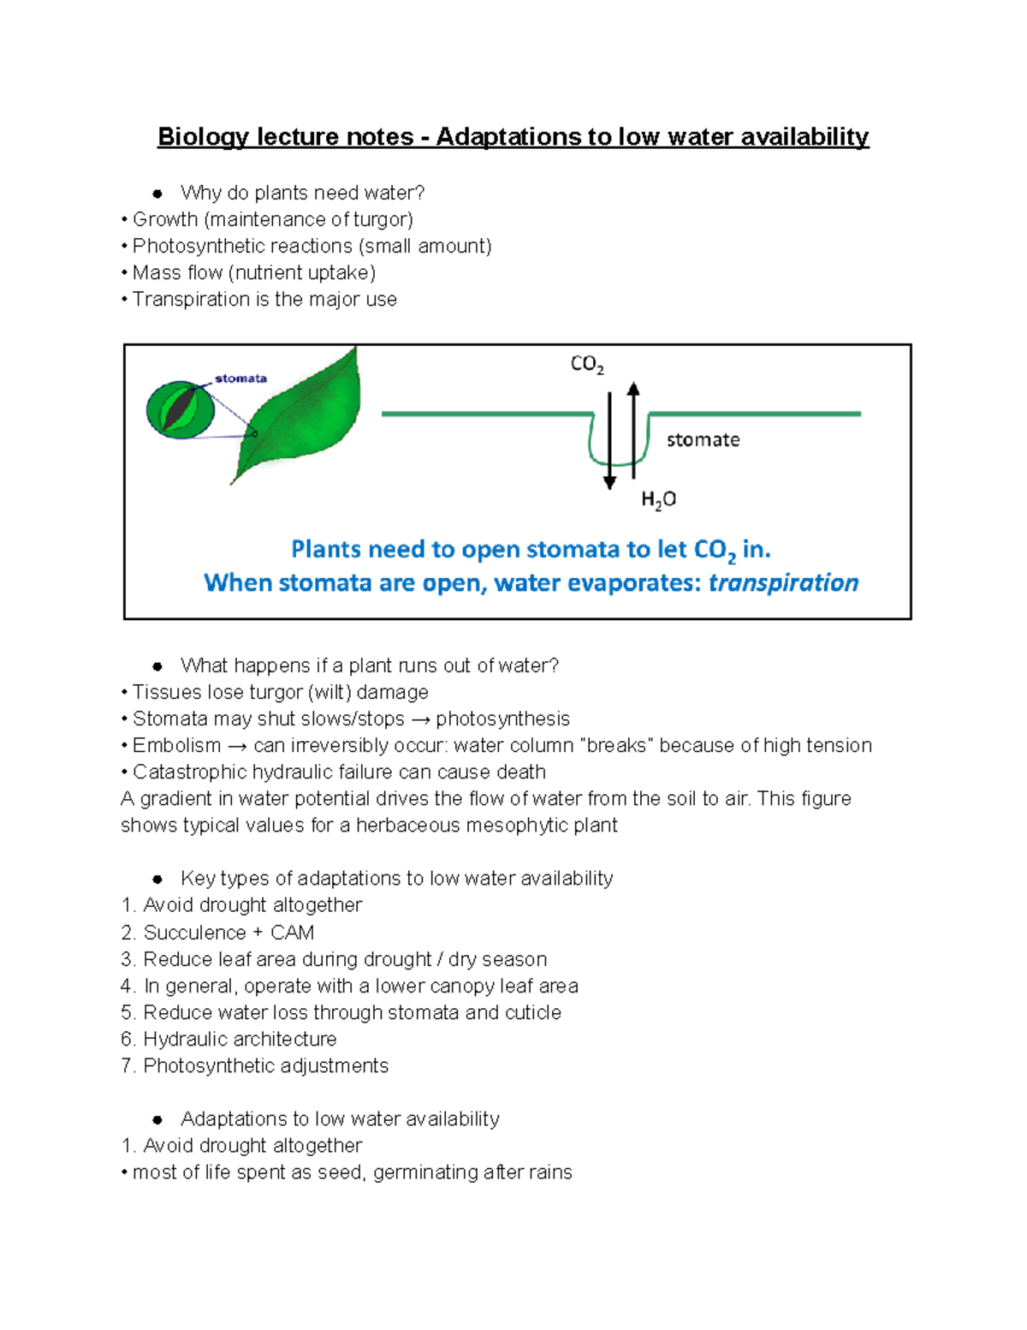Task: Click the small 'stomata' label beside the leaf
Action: [240, 379]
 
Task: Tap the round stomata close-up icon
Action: [180, 410]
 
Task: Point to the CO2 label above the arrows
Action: [587, 365]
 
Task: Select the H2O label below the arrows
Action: [658, 500]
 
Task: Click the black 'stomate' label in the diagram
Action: [703, 440]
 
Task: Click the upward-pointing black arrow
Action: [633, 428]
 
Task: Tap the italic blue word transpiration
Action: [783, 583]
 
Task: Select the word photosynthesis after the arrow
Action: [502, 719]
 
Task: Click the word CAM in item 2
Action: [292, 933]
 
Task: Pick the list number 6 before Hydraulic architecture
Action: [127, 1040]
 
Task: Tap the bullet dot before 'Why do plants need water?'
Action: [157, 194]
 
